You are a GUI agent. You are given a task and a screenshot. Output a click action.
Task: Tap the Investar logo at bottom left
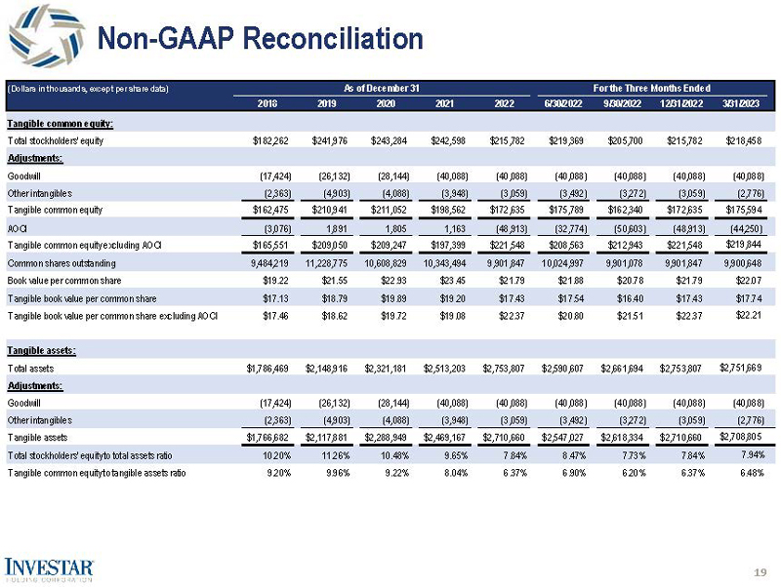tap(50, 568)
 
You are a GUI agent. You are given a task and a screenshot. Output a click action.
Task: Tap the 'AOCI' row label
tap(18, 228)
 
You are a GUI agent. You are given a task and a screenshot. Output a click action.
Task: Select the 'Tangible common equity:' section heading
tap(61, 124)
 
